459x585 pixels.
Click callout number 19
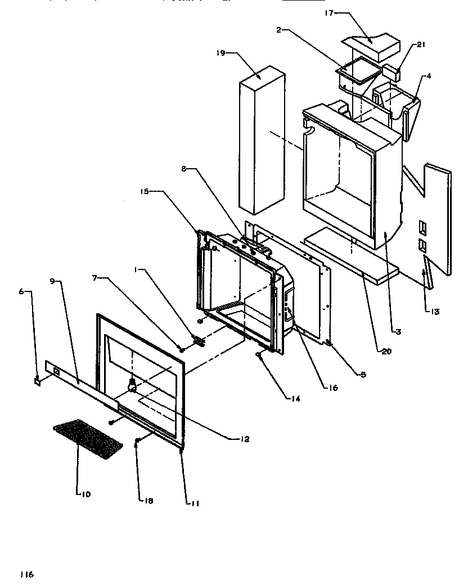(220, 53)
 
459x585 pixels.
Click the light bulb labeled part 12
(133, 385)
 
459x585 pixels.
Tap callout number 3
(398, 332)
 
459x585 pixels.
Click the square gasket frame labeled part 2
(354, 73)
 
